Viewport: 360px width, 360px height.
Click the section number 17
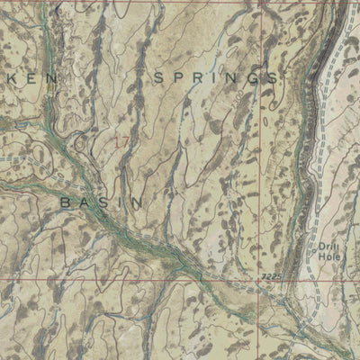(x=121, y=142)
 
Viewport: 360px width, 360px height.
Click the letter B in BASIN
(x=66, y=202)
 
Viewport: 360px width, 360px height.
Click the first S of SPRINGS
(x=158, y=79)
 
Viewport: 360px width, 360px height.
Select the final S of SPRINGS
(x=272, y=79)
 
